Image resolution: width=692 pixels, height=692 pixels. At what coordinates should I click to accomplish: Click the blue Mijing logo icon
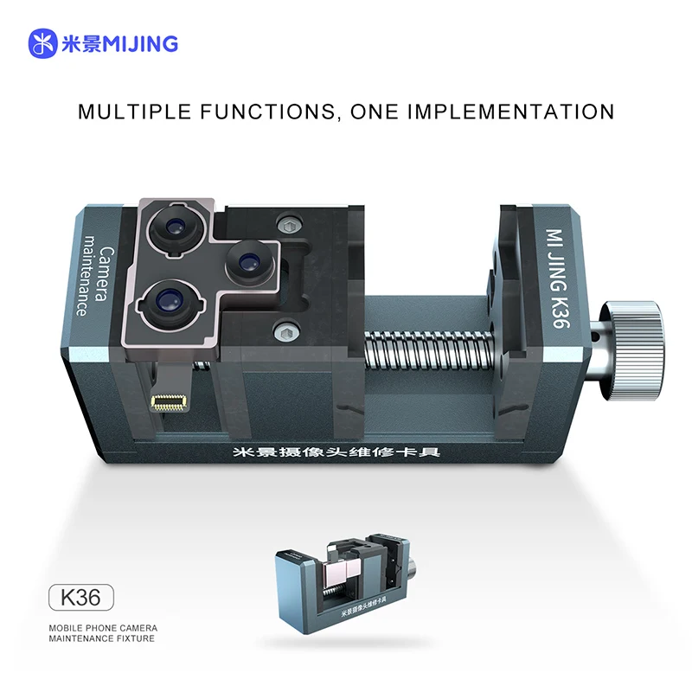(x=43, y=43)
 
